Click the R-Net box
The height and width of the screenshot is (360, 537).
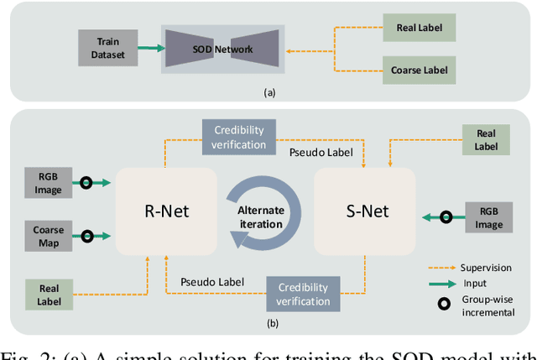[x=165, y=211]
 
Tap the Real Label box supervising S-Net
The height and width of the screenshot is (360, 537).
[x=486, y=140]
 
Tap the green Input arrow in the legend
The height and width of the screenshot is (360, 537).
[x=438, y=284]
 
